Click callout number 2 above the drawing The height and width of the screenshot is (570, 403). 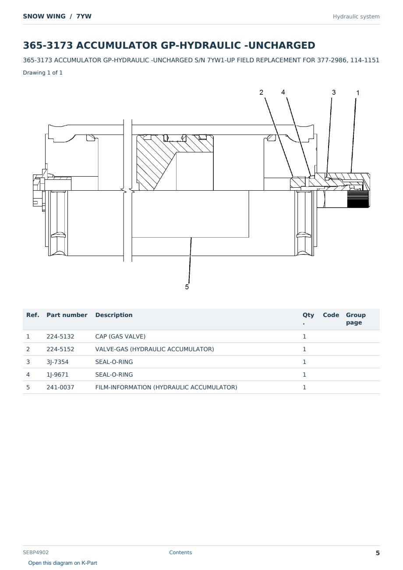(x=261, y=93)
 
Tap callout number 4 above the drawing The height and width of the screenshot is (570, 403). (x=283, y=92)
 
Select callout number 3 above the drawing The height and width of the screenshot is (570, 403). (x=334, y=93)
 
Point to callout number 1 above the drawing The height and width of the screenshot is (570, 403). (x=358, y=93)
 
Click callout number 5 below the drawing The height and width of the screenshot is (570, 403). (x=187, y=287)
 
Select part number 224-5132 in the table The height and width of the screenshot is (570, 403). (x=60, y=336)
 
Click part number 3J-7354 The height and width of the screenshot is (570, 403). (x=57, y=362)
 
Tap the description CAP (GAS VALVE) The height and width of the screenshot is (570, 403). (x=120, y=336)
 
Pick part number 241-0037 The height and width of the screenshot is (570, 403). (x=60, y=387)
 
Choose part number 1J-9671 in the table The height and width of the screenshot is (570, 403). (x=57, y=374)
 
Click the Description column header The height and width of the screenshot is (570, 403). (x=114, y=315)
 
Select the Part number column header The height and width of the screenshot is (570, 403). (x=67, y=315)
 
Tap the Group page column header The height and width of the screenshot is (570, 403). (x=356, y=319)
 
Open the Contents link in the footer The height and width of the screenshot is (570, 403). (x=180, y=552)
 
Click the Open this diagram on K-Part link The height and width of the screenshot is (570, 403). (x=63, y=563)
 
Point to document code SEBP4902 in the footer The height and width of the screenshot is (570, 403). (x=35, y=552)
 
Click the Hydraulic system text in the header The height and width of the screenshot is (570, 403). (x=356, y=17)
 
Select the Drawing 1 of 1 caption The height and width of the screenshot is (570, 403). (x=43, y=73)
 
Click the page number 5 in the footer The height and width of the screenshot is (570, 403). (x=378, y=553)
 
